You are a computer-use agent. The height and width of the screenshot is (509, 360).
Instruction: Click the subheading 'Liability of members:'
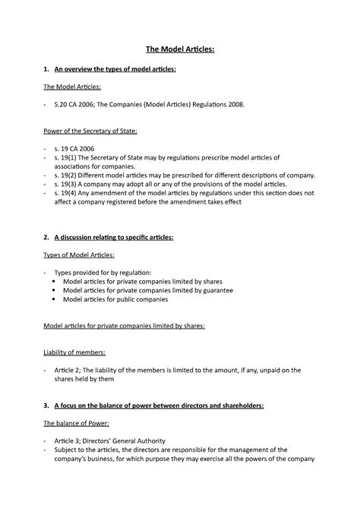74,353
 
